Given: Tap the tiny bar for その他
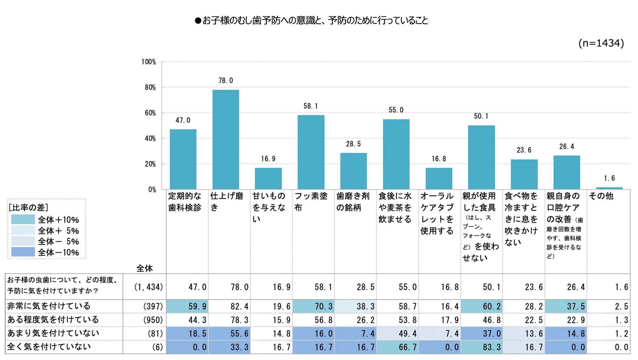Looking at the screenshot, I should pos(609,188).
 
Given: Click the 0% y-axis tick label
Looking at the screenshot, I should pos(152,189).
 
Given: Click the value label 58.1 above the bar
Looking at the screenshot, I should pos(310,106).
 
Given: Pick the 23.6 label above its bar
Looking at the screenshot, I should pos(524,150).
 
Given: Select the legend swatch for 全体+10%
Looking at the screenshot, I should pos(23,219).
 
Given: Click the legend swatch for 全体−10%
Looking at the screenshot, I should pos(23,252).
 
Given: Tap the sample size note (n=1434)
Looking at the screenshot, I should pos(601,43).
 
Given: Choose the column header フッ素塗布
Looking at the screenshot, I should pos(311,202).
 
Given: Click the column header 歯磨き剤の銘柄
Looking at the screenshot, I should pos(353,202).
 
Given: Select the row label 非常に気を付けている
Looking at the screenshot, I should pos(49,306).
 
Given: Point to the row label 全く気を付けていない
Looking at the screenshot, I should pos(49,347).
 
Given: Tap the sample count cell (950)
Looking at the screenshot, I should pos(153,320).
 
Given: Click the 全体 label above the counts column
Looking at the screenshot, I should pos(144,268).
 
